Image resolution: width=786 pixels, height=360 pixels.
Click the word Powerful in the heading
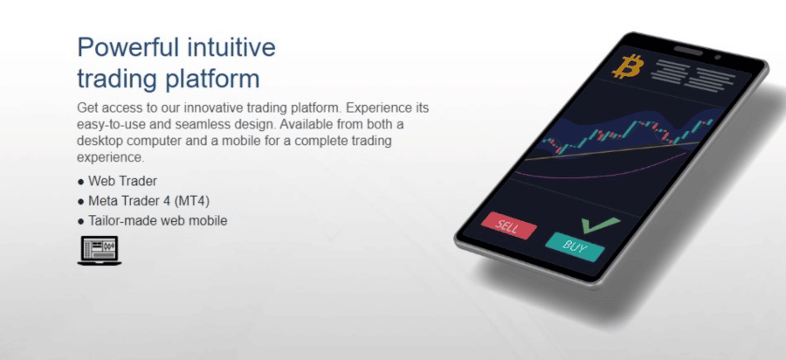point(128,48)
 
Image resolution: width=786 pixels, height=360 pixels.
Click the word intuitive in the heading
point(231,48)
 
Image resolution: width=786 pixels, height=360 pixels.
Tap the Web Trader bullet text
point(123,181)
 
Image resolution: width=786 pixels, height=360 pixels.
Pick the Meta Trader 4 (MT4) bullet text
point(148,201)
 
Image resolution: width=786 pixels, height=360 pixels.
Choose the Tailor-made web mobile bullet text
point(158,220)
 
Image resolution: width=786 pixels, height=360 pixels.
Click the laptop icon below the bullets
point(100,250)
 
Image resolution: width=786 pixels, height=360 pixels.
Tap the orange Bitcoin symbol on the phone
point(626,66)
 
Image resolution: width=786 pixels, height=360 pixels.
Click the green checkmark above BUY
point(601,225)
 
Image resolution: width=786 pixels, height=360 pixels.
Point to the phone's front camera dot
point(717,58)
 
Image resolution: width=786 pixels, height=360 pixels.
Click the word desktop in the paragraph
point(96,141)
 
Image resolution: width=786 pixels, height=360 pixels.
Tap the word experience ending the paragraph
point(110,157)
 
